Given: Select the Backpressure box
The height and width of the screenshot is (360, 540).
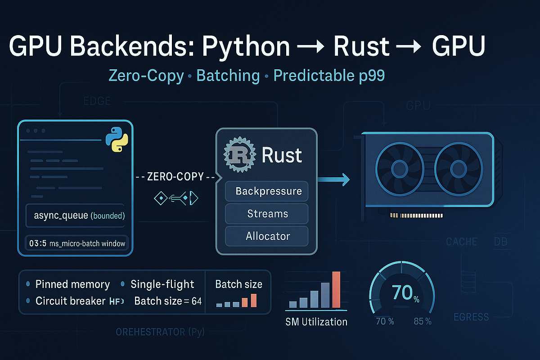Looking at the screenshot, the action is tap(267, 191).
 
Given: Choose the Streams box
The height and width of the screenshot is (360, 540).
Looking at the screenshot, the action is tap(267, 213).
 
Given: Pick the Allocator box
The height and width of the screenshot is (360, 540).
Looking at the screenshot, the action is tap(267, 236).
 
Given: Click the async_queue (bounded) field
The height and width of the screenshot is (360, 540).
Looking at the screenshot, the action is tap(77, 216).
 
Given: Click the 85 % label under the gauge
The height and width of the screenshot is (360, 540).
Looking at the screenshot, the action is tap(422, 322).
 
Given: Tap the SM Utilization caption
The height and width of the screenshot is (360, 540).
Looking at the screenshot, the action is tap(316, 322).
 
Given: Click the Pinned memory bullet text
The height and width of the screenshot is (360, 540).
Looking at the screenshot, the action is tap(72, 284).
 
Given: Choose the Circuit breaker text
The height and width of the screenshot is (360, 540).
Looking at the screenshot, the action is tap(70, 301).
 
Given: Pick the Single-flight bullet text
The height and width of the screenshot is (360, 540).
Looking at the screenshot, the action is tap(162, 284).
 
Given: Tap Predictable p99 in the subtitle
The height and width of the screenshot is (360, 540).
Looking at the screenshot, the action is tap(329, 76).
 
